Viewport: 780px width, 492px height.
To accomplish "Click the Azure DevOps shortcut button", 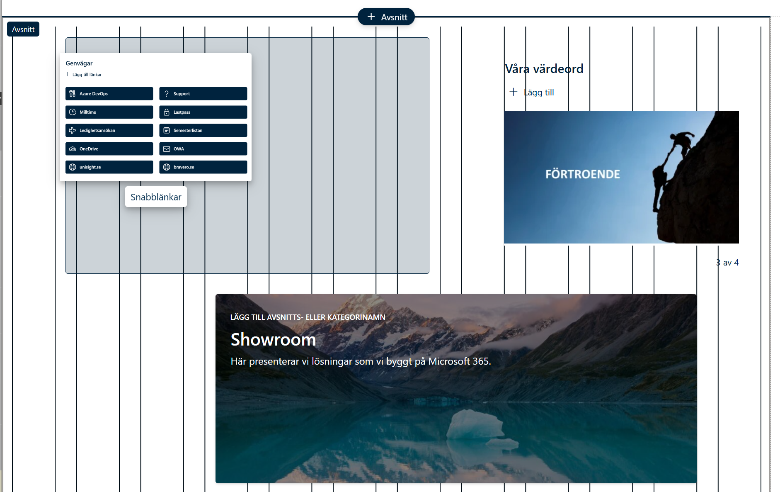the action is pos(109,94).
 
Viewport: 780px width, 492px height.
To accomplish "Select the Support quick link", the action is pos(203,94).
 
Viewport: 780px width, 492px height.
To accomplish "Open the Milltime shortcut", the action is pos(109,112).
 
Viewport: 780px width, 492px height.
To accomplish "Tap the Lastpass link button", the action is pos(203,112).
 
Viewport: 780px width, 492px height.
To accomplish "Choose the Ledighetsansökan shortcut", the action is pos(109,130).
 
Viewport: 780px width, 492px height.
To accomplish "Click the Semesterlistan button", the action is pos(203,130).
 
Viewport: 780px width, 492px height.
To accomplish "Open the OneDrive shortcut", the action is pos(109,149).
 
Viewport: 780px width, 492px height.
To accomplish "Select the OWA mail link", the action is pos(203,149).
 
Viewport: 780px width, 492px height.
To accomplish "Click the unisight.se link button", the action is pos(109,167).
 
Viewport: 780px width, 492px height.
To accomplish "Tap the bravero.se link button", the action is pos(203,167).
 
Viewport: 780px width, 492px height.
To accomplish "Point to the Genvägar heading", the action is pos(79,63).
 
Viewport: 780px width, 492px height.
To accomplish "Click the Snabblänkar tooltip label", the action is pos(156,197).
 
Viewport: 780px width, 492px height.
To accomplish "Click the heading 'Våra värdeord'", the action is pos(544,68).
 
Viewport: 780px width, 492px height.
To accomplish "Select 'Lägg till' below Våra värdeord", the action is pos(532,92).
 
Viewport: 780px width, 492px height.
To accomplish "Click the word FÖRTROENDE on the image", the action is pos(583,174).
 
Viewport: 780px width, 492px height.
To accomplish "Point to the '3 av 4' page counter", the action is pos(727,263).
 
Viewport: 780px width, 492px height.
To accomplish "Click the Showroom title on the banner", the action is pos(274,340).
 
